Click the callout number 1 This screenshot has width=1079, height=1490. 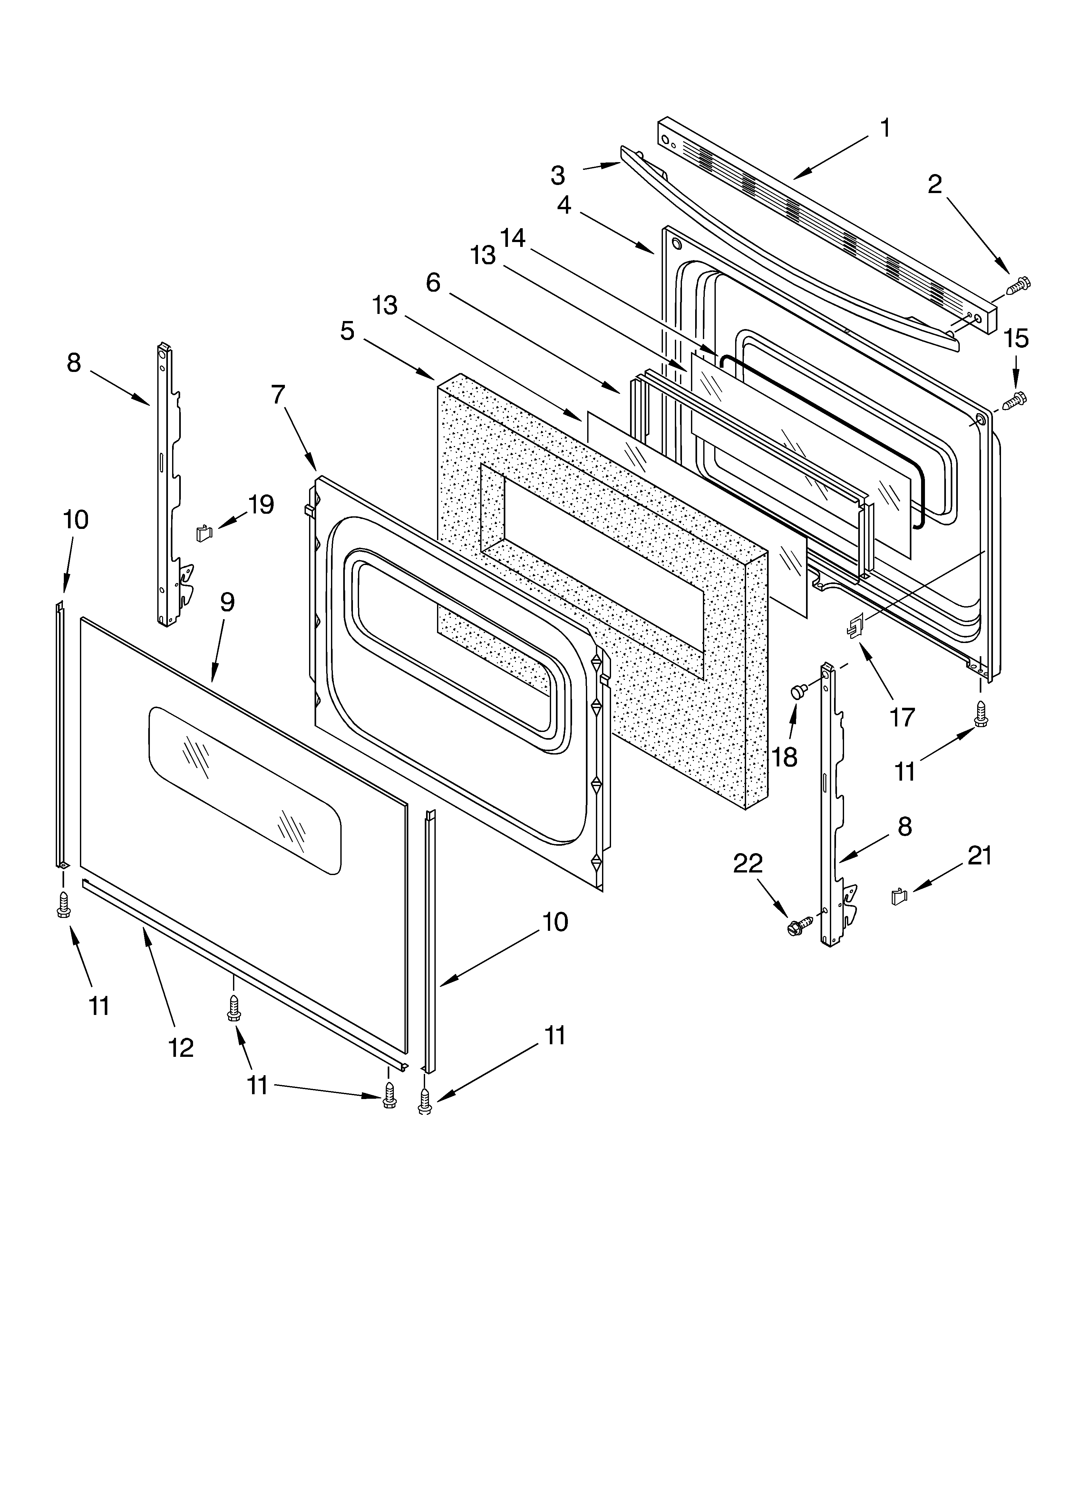point(885,129)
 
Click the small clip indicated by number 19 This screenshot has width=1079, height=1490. point(204,533)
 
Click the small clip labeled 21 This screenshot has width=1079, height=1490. point(898,896)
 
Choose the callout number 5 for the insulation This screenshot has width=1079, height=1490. point(348,331)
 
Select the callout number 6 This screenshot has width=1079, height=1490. point(433,282)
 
